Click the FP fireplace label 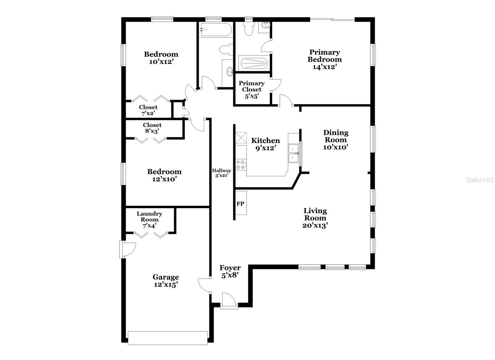point(240,204)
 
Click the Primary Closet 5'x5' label point(252,89)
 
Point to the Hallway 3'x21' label point(222,173)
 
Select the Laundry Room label point(149,216)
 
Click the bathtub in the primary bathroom point(254,63)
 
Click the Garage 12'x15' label point(166,281)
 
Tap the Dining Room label point(336,136)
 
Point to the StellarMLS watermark point(480,180)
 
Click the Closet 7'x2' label point(148,110)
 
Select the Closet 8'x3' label point(152,128)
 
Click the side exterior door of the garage point(127,249)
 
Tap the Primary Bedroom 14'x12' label point(325,59)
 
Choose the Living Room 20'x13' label point(315,218)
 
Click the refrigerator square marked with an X point(241,137)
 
